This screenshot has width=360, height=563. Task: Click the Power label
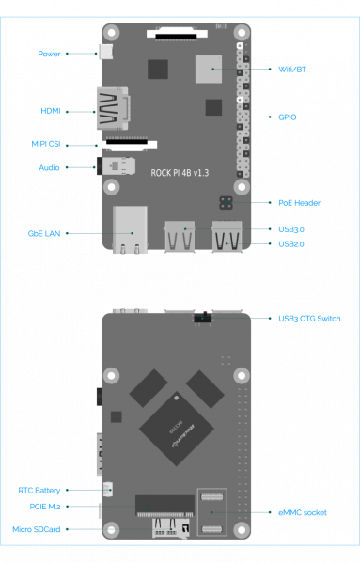(x=49, y=54)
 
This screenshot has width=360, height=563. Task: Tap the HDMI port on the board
(x=113, y=108)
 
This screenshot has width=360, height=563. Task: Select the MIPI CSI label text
(x=46, y=144)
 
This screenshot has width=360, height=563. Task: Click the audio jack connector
(x=117, y=165)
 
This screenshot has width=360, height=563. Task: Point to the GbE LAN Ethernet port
(x=130, y=229)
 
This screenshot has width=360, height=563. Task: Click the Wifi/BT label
(x=292, y=70)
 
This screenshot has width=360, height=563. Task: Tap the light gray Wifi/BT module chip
(x=209, y=69)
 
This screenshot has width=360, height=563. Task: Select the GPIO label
(x=288, y=117)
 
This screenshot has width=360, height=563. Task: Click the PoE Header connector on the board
(x=226, y=203)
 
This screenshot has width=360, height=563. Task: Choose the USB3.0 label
(x=291, y=229)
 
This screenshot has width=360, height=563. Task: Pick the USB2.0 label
(x=291, y=244)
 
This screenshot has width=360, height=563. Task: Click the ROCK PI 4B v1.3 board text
(x=180, y=173)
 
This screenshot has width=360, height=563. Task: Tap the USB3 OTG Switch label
(x=309, y=319)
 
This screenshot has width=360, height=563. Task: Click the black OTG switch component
(x=203, y=318)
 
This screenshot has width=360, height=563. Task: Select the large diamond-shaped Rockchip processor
(x=176, y=429)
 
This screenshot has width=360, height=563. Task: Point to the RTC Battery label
(x=39, y=491)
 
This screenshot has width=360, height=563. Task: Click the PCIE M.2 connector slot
(x=164, y=506)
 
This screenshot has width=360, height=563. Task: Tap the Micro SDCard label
(x=37, y=529)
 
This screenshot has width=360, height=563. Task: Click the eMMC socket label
(x=303, y=513)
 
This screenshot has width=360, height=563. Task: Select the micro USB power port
(x=105, y=52)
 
